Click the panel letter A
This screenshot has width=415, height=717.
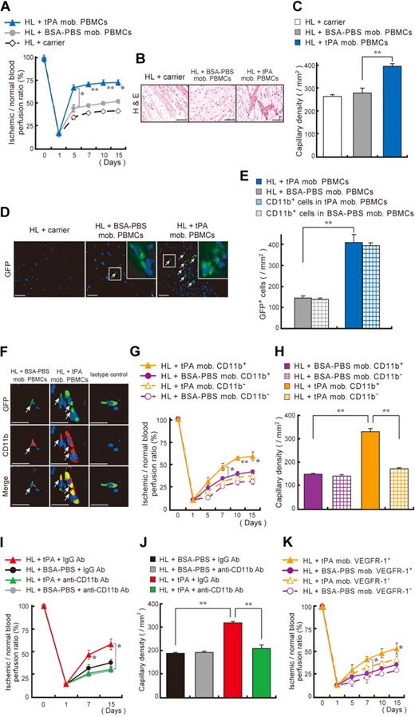8,7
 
